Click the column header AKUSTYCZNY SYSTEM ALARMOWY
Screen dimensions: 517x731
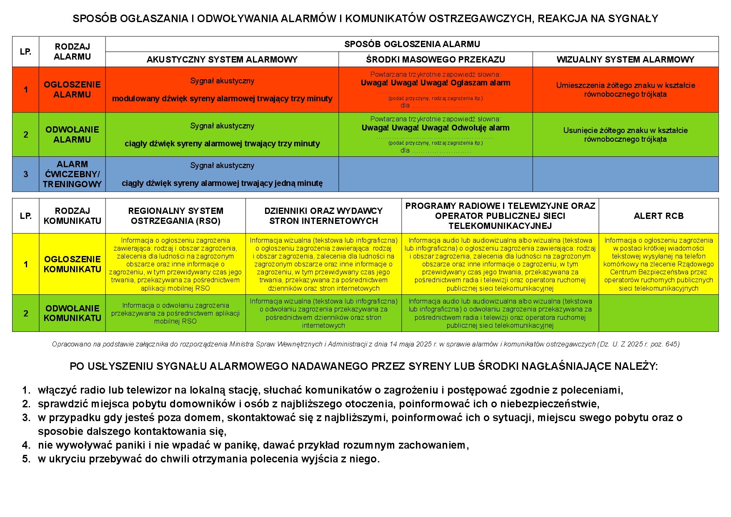coord(222,60)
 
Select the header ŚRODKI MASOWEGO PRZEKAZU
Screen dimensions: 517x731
coord(435,60)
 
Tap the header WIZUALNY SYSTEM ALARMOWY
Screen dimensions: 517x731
coord(625,60)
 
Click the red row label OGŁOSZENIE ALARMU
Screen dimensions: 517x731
coord(72,90)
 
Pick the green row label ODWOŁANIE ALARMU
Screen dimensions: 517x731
coord(72,135)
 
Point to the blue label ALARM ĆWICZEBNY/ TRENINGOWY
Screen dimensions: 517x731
coord(72,174)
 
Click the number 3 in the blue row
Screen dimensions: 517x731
coord(26,174)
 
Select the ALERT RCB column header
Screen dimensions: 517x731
coord(658,216)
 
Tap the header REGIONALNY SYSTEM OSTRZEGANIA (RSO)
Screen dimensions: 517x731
coord(175,216)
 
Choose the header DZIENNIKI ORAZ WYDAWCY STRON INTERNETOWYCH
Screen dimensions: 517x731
coord(323,216)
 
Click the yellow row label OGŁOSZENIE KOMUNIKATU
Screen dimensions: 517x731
coord(72,264)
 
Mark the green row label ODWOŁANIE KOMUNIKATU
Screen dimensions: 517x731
coord(72,313)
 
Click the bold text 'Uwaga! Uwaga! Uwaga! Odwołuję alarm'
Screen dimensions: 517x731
coord(435,128)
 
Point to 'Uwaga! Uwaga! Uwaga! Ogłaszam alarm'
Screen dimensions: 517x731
coord(435,83)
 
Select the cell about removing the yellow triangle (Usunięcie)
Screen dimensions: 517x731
coord(625,135)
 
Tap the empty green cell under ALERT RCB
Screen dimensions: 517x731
coord(658,313)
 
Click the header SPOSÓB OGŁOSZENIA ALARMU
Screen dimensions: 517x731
coord(412,44)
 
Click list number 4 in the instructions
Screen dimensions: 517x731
coord(26,445)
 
